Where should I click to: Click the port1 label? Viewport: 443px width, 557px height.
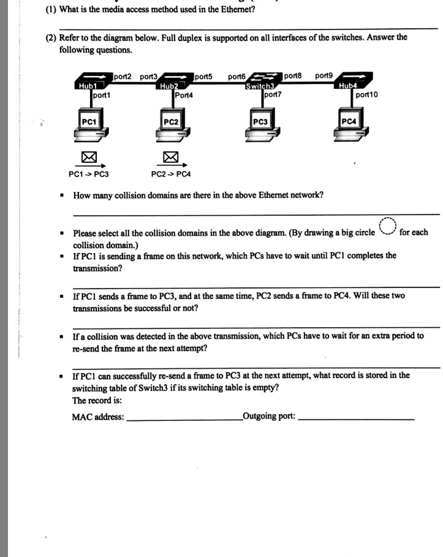102,96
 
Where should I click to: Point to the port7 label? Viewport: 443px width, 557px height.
272,95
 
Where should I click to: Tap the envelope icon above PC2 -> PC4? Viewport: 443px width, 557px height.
170,158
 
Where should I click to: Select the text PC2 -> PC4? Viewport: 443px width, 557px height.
171,174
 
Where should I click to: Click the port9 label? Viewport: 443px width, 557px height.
324,76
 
